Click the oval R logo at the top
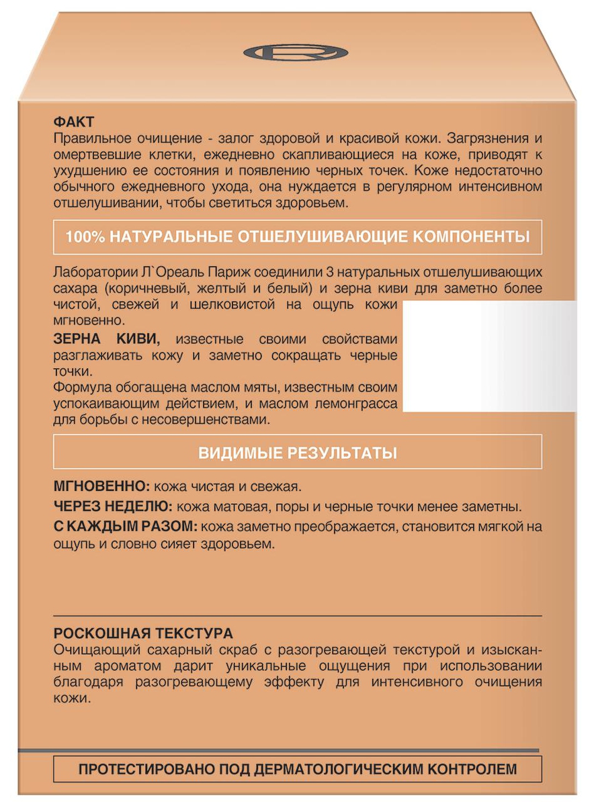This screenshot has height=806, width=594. coord(296,52)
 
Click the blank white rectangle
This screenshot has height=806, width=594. coord(489,356)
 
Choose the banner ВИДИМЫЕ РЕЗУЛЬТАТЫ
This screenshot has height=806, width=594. coord(297,452)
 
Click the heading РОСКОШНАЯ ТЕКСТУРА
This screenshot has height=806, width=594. coord(142,633)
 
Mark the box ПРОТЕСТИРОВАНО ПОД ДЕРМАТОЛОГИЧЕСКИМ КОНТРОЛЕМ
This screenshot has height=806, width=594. coord(297,769)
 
